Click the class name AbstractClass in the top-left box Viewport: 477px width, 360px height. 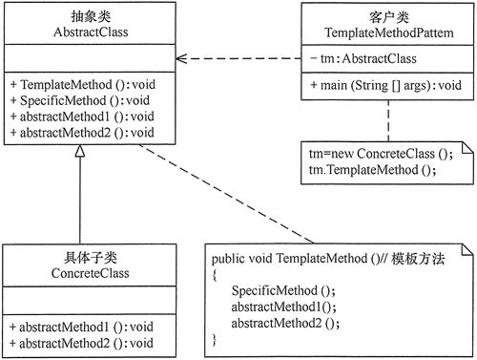point(91,32)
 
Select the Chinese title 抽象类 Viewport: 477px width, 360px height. point(91,16)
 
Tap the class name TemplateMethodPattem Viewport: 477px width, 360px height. point(389,32)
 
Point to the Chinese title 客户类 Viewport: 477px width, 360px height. point(389,17)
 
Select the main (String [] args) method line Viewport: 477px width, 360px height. point(386,85)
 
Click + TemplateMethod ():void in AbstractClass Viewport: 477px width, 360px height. point(83,85)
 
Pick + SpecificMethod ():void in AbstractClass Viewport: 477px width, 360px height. point(80,100)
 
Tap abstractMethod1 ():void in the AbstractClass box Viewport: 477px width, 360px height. point(87,116)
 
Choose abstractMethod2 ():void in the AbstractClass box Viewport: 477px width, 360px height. point(87,133)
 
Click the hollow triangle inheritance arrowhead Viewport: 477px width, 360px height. point(80,151)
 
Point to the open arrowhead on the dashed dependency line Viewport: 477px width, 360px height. point(181,58)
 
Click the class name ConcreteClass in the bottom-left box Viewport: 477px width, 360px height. point(91,273)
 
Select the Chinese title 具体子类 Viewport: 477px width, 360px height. point(91,258)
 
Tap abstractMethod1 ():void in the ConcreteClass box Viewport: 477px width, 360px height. point(86,327)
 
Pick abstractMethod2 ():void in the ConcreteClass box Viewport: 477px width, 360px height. point(86,343)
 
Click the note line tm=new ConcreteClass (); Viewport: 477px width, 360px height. point(381,154)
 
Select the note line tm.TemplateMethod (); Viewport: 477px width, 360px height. point(372,170)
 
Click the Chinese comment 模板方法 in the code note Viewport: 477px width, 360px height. point(418,259)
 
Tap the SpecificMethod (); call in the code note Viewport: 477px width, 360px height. point(283,290)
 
